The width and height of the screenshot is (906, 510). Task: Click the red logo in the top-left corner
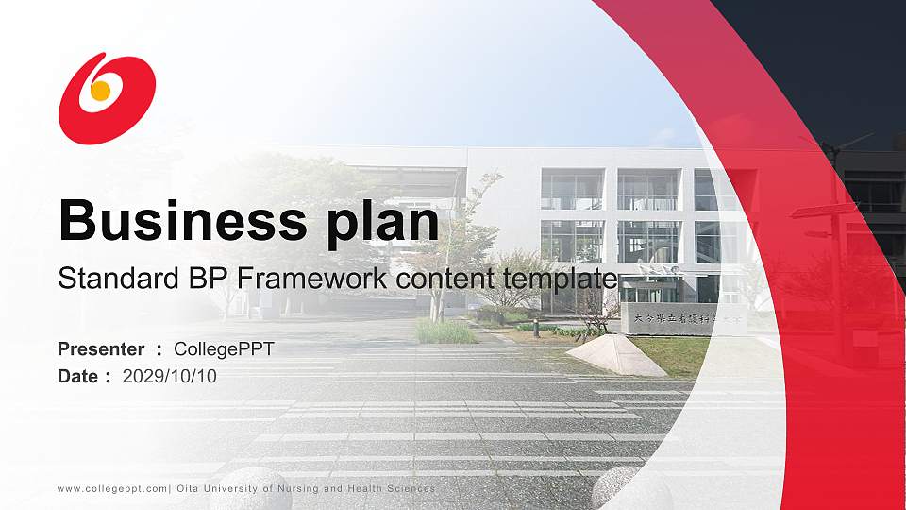click(107, 97)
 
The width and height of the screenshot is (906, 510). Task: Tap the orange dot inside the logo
click(100, 91)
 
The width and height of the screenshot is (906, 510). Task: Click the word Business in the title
click(176, 221)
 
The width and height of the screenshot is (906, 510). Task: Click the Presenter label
click(101, 349)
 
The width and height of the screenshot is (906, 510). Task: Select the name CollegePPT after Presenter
click(224, 349)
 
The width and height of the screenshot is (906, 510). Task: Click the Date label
click(78, 376)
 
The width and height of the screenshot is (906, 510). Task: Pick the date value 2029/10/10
click(170, 376)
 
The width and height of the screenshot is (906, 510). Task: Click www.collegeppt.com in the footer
click(112, 488)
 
